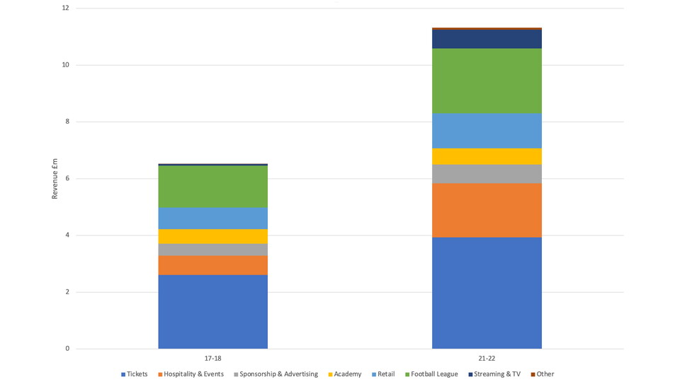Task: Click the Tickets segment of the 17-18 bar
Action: pyautogui.click(x=212, y=311)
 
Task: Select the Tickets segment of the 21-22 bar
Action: pyautogui.click(x=487, y=292)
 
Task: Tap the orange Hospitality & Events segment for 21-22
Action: pyautogui.click(x=487, y=210)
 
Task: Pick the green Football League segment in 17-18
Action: pyautogui.click(x=212, y=187)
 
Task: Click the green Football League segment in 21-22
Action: pyautogui.click(x=487, y=81)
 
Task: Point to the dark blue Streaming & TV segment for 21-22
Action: pyautogui.click(x=487, y=39)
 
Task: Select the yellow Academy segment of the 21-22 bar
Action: pyautogui.click(x=487, y=156)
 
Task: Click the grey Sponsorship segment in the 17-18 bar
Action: pyautogui.click(x=212, y=250)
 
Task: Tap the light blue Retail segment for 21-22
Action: pyautogui.click(x=487, y=131)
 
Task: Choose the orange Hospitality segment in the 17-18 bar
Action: pyautogui.click(x=212, y=265)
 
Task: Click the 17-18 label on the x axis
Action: pyautogui.click(x=212, y=359)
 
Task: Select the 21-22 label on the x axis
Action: pyautogui.click(x=487, y=359)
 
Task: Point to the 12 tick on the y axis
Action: pyautogui.click(x=65, y=8)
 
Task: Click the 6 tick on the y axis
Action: pyautogui.click(x=67, y=178)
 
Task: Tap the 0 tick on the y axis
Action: pyautogui.click(x=67, y=349)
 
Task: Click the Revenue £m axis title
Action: pyautogui.click(x=55, y=178)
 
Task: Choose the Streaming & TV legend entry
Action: pyautogui.click(x=497, y=374)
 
